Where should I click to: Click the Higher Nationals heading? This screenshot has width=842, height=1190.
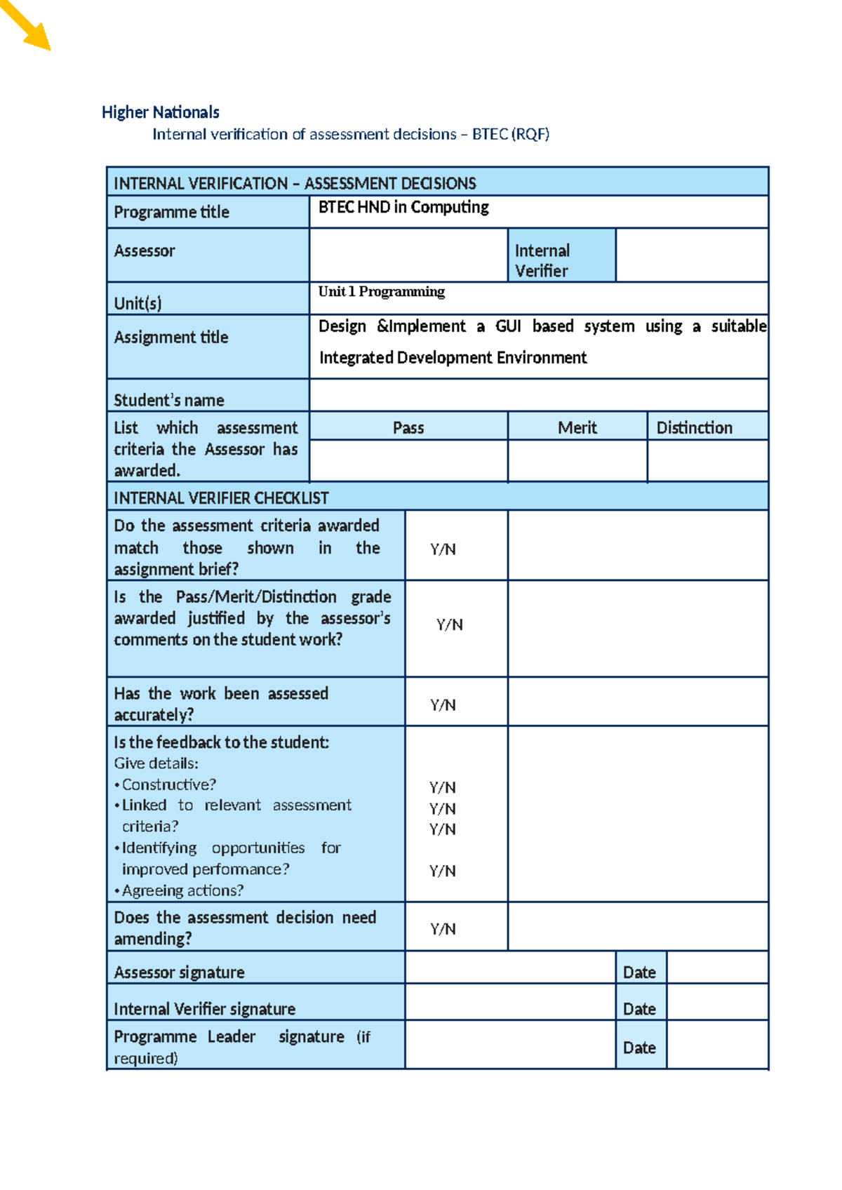tap(160, 112)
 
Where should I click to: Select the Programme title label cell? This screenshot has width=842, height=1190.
tap(172, 212)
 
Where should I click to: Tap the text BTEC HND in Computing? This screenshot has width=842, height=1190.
tap(403, 207)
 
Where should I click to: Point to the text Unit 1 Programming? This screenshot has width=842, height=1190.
tap(381, 291)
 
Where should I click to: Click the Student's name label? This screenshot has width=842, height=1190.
tap(169, 401)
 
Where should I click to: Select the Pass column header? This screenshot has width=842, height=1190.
tap(408, 427)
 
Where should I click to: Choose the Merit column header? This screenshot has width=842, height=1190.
tap(577, 427)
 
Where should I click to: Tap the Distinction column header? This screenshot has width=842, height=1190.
tap(694, 427)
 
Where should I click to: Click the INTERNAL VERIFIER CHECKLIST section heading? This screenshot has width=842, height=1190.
tap(221, 498)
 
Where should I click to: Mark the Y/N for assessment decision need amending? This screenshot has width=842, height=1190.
tap(443, 929)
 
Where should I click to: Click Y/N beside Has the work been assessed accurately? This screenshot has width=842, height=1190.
tap(443, 705)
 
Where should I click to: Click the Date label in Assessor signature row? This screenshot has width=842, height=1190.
tap(639, 972)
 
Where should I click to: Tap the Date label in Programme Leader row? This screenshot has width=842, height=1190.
tap(639, 1048)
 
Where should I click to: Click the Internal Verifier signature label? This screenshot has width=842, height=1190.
tap(204, 1009)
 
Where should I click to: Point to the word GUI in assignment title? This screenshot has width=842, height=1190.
tap(508, 326)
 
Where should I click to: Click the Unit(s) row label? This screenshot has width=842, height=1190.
tap(138, 303)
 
